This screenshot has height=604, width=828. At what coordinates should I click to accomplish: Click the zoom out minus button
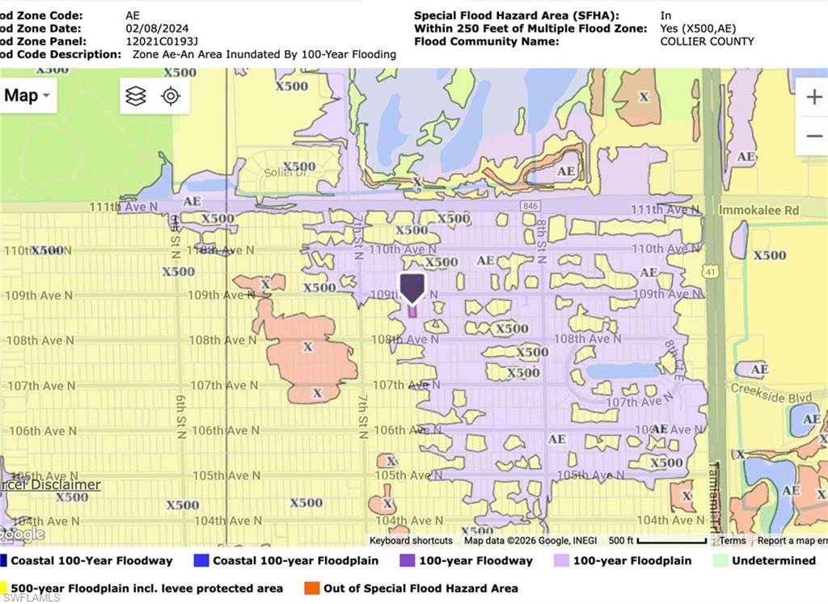813,135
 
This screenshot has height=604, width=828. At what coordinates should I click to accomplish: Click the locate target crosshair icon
170,96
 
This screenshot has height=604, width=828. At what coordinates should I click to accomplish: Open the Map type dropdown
27,95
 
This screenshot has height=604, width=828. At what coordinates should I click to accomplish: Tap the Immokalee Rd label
758,210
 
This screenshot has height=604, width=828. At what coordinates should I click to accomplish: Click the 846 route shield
530,206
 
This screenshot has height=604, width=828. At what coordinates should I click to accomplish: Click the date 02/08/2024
157,28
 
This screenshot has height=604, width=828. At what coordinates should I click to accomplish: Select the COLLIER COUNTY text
707,41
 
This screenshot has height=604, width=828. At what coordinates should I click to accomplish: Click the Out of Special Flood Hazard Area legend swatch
310,588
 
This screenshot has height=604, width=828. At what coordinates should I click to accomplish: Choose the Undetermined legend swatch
720,560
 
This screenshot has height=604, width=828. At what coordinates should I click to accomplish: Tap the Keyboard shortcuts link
411,540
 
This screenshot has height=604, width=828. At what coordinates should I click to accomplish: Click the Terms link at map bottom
733,540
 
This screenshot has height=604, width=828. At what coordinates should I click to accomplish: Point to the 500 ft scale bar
659,541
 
